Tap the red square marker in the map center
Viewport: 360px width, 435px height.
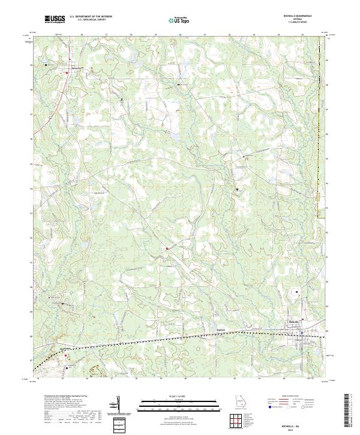(167, 248)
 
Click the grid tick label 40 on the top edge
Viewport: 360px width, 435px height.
(180, 35)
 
